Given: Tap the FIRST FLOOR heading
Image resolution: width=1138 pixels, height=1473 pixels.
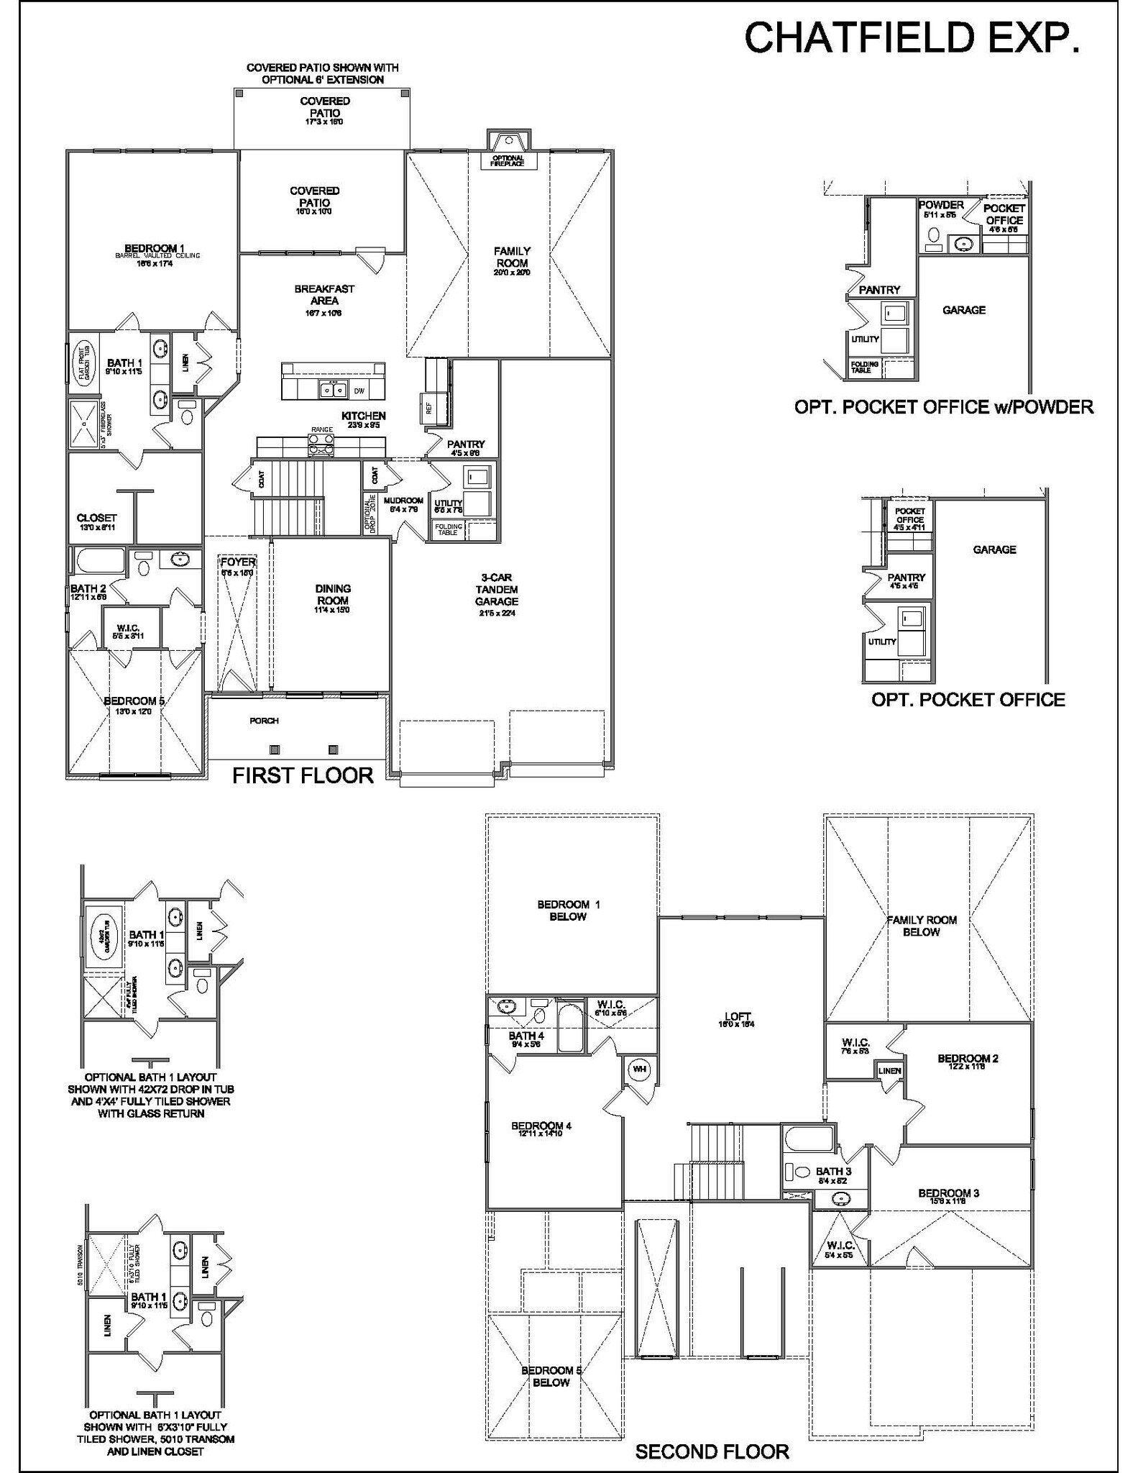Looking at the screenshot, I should [303, 775].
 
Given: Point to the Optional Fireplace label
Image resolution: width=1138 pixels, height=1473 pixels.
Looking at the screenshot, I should [508, 161].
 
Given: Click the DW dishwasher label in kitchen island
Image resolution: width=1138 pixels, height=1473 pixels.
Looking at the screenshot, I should [359, 391].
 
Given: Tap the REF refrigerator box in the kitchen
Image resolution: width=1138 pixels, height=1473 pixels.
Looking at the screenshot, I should [429, 408].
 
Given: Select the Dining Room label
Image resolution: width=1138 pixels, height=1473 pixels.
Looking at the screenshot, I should [333, 595].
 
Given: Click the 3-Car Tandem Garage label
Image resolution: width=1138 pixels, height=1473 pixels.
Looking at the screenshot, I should [496, 590].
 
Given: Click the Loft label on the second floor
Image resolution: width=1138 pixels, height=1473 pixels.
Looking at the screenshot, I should [738, 1017].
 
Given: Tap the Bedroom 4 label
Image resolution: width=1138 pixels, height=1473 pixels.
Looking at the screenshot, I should [541, 1126].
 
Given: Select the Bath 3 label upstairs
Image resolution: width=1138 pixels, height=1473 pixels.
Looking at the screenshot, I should [834, 1172].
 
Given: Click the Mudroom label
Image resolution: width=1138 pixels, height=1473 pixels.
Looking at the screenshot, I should [403, 501].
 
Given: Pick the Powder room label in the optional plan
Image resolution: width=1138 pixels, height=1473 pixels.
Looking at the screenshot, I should [941, 206].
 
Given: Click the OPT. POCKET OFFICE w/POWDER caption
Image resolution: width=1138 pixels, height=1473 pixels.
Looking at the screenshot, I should [943, 407].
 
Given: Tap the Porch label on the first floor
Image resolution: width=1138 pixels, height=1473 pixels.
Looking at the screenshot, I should [264, 721].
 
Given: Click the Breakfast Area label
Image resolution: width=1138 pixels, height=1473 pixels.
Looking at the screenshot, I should [324, 295].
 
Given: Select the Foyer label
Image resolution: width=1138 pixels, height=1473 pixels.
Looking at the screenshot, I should [237, 562].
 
